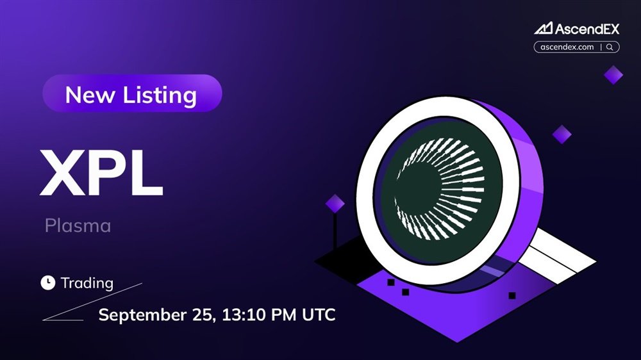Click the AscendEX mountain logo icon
point(544,28)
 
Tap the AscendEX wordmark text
point(587,29)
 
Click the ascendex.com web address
point(567,47)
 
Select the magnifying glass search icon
point(610,47)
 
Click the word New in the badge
point(90,95)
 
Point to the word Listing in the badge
point(160,96)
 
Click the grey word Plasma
point(78,225)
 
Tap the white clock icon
point(48,282)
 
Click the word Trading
point(87,283)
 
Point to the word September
point(143,315)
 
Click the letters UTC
point(319,315)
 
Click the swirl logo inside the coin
point(440,189)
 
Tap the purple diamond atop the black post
point(335,204)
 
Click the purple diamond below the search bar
point(613,75)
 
